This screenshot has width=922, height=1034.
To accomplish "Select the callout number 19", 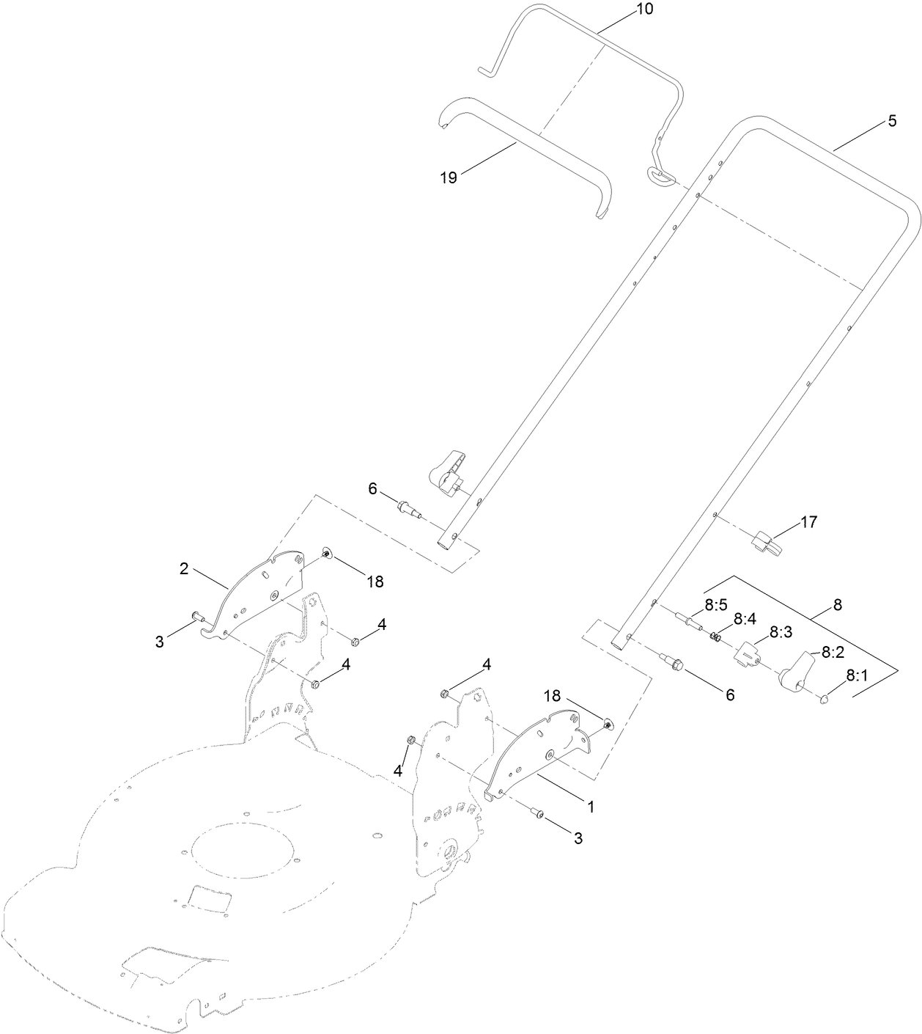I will tap(449, 177).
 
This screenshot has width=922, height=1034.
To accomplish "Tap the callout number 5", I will tap(891, 122).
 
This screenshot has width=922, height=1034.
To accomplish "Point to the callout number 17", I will tap(808, 523).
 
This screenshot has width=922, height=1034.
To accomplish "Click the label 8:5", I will tap(715, 605).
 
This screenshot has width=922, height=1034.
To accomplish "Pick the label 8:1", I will tap(858, 676).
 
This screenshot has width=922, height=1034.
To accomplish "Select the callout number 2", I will tap(185, 568).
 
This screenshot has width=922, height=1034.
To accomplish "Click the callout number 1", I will tap(589, 806).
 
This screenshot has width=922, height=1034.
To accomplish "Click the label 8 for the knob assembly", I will tap(838, 606).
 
